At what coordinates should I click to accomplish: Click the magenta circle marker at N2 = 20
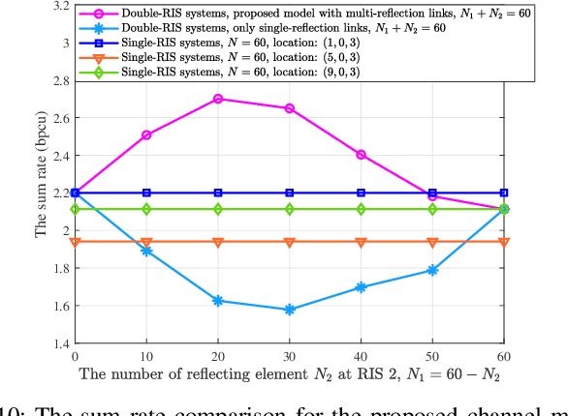[218, 99]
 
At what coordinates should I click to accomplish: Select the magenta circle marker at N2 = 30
[290, 108]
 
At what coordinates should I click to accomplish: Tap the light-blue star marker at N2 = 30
[290, 310]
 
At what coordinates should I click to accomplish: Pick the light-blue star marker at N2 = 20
[218, 301]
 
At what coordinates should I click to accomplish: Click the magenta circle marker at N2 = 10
[146, 135]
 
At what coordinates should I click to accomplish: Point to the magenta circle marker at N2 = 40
[362, 155]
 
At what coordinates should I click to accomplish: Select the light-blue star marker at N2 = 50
[432, 270]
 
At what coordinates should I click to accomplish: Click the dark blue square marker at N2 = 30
[290, 193]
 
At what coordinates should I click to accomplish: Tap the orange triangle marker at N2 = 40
[362, 242]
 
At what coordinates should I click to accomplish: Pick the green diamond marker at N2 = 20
[218, 209]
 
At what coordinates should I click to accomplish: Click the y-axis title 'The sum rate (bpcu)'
[40, 175]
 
